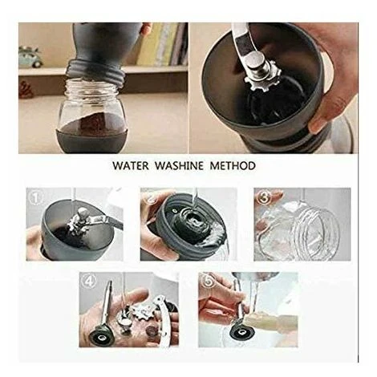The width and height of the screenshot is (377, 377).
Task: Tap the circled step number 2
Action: click(148, 196)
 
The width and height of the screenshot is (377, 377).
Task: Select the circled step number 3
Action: click(263, 197)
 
